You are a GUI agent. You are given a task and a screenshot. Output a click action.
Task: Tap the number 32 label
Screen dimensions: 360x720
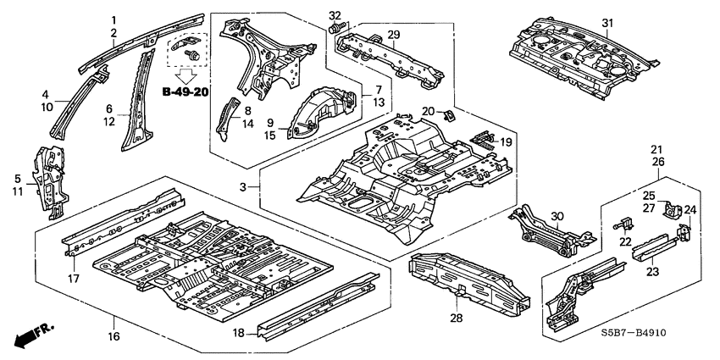tap(335, 15)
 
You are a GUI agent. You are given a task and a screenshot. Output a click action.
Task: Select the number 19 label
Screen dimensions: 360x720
tap(505, 142)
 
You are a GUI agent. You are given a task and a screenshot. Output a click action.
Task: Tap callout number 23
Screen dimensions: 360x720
tap(652, 272)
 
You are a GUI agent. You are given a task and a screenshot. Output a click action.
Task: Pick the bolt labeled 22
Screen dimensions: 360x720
tap(625, 224)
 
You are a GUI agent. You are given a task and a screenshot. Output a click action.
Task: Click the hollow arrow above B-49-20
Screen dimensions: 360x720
tap(188, 74)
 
